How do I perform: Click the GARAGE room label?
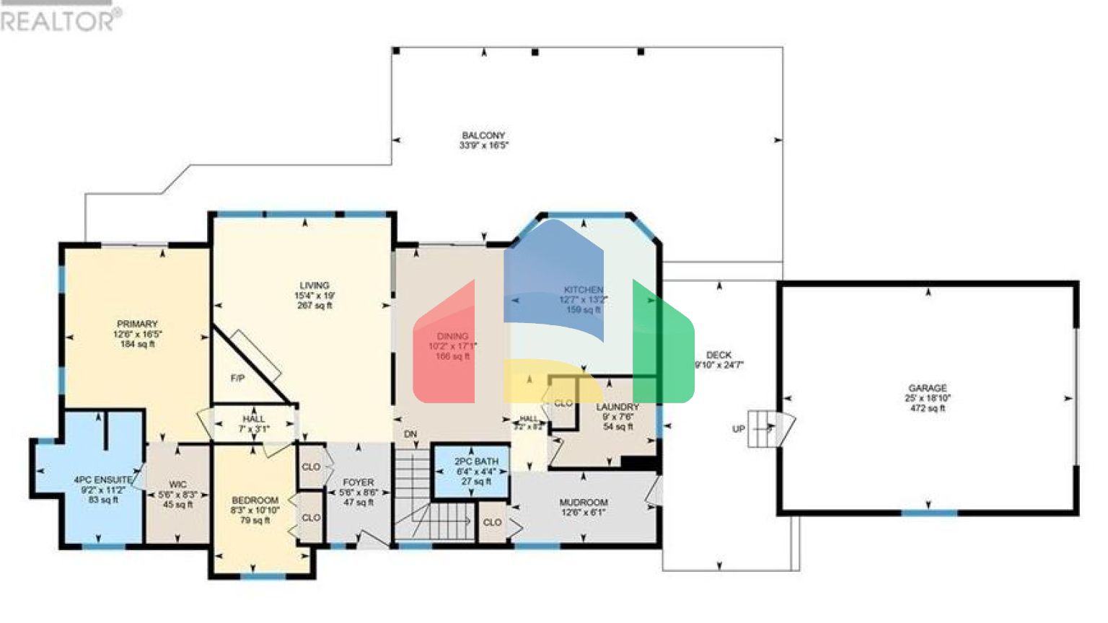click(x=927, y=388)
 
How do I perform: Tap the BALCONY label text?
click(x=483, y=136)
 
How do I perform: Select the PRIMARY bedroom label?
click(x=137, y=324)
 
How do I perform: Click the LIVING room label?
click(x=315, y=286)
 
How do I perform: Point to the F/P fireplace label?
click(x=237, y=379)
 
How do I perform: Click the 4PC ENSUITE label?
click(x=103, y=480)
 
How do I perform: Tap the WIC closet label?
click(x=177, y=485)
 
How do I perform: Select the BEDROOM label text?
click(x=255, y=500)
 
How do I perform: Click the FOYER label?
click(x=359, y=482)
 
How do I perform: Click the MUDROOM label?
click(x=584, y=503)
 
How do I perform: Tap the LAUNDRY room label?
click(x=617, y=407)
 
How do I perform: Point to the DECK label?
click(x=718, y=355)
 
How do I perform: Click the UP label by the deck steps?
click(x=739, y=429)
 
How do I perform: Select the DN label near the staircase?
click(x=410, y=434)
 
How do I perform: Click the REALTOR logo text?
click(x=58, y=20)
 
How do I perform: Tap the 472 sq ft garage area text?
click(x=928, y=408)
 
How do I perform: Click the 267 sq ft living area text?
click(x=315, y=306)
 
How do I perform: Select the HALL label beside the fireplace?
click(x=254, y=419)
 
